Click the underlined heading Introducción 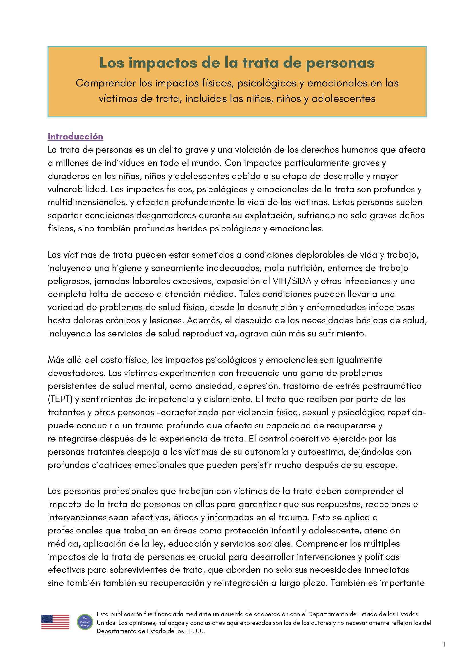tap(75, 137)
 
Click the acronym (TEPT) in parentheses tap(60, 399)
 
